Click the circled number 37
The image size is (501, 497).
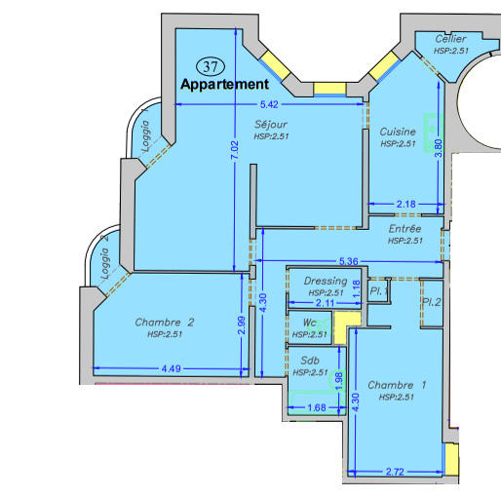click(x=211, y=66)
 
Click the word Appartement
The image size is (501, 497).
click(x=225, y=85)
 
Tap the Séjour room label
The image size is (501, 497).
click(x=271, y=125)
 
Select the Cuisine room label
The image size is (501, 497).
click(x=398, y=132)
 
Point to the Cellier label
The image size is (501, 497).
click(x=450, y=39)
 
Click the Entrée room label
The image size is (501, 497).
click(x=405, y=229)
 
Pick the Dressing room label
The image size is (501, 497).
click(x=326, y=281)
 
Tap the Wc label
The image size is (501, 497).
click(x=310, y=323)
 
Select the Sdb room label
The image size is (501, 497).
click(x=310, y=361)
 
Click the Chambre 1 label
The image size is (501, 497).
click(x=397, y=385)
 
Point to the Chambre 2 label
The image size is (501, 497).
click(x=165, y=323)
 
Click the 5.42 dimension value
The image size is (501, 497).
click(x=269, y=104)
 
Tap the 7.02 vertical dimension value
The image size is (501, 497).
click(x=235, y=150)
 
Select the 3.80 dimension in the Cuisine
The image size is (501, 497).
click(x=439, y=148)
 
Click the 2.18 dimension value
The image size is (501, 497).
click(x=406, y=205)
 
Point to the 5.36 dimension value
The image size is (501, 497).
click(x=349, y=261)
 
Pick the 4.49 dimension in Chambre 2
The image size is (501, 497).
click(x=172, y=369)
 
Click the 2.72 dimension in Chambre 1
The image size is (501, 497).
click(x=395, y=472)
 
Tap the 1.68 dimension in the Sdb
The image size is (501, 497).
click(x=317, y=407)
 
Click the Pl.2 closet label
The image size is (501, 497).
click(x=431, y=302)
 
